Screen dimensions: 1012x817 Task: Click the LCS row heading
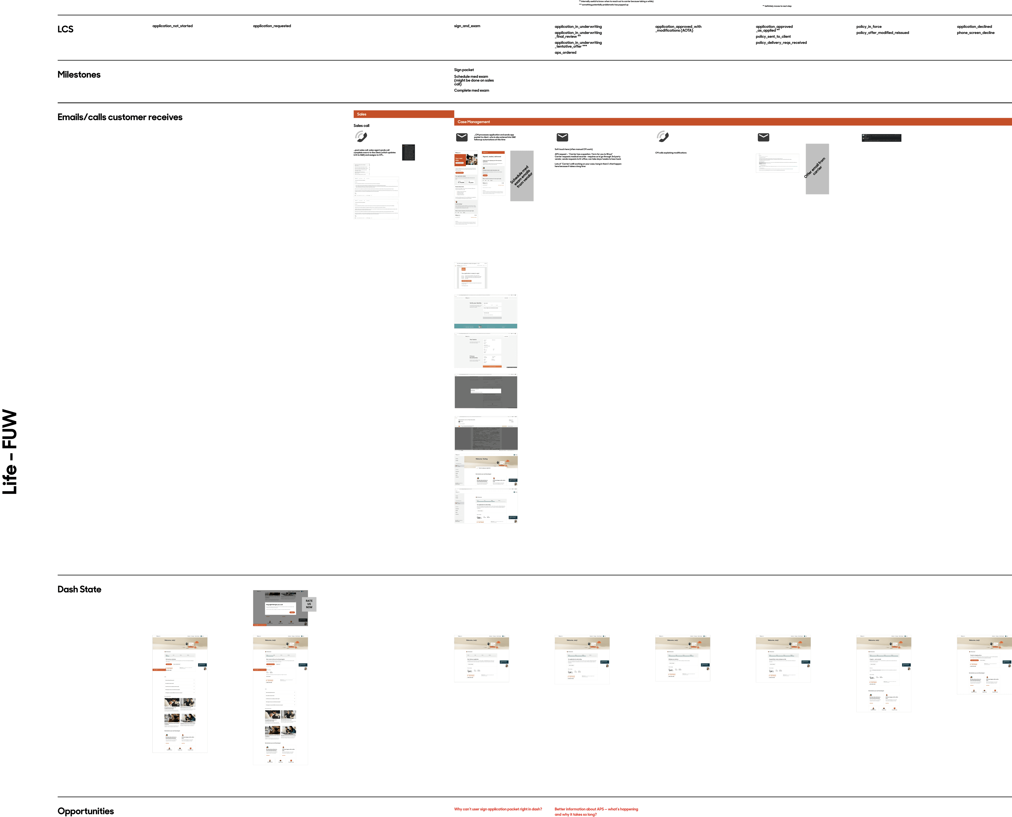click(x=65, y=29)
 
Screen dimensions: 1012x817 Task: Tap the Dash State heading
click(x=79, y=589)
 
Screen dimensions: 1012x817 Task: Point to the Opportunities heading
click(x=86, y=811)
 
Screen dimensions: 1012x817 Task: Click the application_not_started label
click(x=172, y=26)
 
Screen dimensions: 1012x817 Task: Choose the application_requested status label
click(x=272, y=26)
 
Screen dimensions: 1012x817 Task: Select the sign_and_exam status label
click(x=467, y=26)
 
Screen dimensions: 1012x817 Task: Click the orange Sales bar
click(x=403, y=114)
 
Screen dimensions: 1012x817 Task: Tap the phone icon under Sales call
click(x=361, y=136)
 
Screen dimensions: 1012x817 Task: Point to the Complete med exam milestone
click(x=471, y=90)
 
